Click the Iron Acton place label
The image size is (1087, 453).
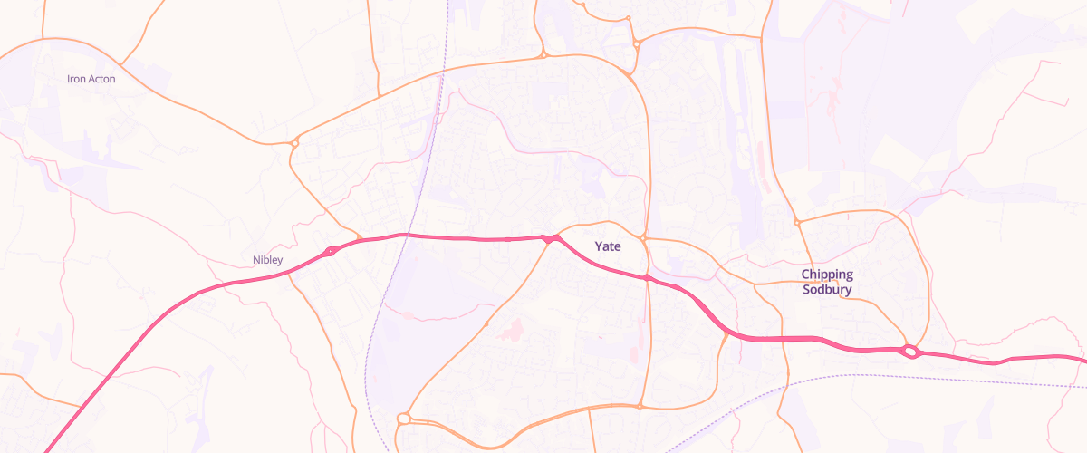tap(91, 79)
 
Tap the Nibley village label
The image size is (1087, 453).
tap(268, 260)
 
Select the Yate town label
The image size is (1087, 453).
tap(608, 246)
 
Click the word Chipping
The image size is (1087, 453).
tap(827, 275)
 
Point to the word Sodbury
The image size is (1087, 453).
tap(827, 290)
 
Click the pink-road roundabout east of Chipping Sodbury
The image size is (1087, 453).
tap(910, 352)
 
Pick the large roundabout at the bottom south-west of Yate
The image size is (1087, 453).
tap(403, 419)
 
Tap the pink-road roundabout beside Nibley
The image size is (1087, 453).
tap(331, 250)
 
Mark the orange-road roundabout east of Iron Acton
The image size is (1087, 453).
tap(294, 142)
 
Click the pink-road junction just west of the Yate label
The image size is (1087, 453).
tap(549, 239)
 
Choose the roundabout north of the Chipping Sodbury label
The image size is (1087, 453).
tap(797, 222)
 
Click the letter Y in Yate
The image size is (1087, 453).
tap(599, 246)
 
